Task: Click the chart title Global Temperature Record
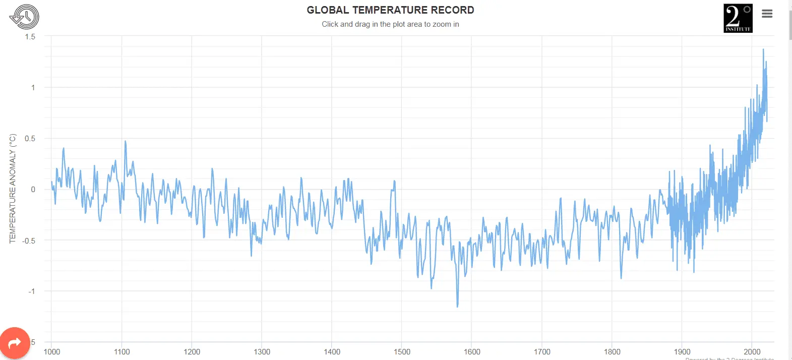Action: click(390, 10)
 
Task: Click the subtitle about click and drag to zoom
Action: click(390, 24)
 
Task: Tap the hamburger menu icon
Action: click(767, 14)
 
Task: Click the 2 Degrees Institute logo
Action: click(738, 18)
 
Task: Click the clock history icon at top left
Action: click(24, 17)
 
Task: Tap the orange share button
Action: click(15, 343)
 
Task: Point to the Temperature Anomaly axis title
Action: click(13, 189)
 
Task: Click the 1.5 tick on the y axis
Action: click(30, 37)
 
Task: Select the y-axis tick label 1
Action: click(33, 88)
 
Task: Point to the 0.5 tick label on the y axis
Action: click(30, 139)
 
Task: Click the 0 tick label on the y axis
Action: click(33, 190)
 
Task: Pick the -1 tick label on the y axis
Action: click(32, 291)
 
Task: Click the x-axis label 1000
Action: click(52, 352)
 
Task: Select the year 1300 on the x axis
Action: click(262, 352)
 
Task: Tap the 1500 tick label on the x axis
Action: click(402, 352)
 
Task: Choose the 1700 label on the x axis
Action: click(542, 352)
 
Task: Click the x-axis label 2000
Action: click(752, 352)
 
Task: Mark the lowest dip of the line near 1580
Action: click(457, 306)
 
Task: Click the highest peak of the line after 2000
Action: click(763, 49)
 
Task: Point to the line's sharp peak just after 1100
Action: click(125, 141)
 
